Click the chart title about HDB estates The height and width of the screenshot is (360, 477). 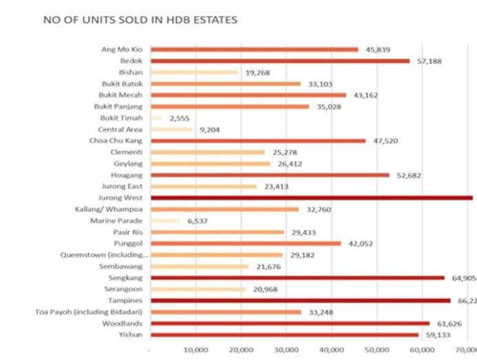click(140, 20)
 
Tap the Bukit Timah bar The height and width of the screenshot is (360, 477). click(157, 118)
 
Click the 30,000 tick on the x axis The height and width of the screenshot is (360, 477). click(286, 349)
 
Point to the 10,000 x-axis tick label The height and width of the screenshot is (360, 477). click(196, 349)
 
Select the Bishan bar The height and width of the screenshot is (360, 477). click(194, 72)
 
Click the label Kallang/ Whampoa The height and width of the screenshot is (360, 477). click(110, 209)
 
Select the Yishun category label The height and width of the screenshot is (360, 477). click(132, 335)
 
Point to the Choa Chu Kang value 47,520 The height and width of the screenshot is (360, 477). click(384, 140)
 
